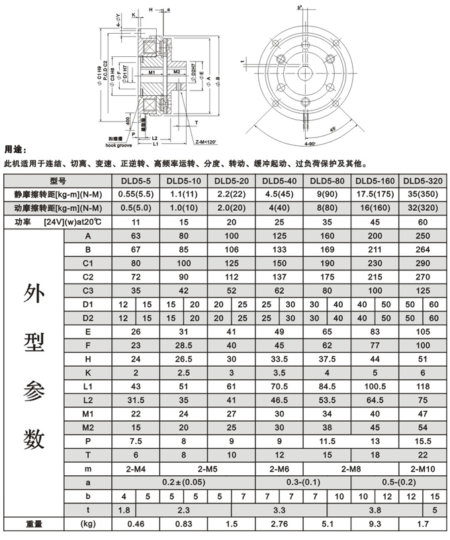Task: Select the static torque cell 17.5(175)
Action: [x=375, y=195]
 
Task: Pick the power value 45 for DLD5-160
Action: [x=375, y=223]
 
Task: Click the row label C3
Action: [x=88, y=291]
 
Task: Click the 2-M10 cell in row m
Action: [x=422, y=469]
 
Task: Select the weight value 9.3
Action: [x=375, y=524]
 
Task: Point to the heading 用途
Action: [x=15, y=149]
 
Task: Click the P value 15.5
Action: [x=422, y=440]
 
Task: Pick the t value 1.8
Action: [x=122, y=510]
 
